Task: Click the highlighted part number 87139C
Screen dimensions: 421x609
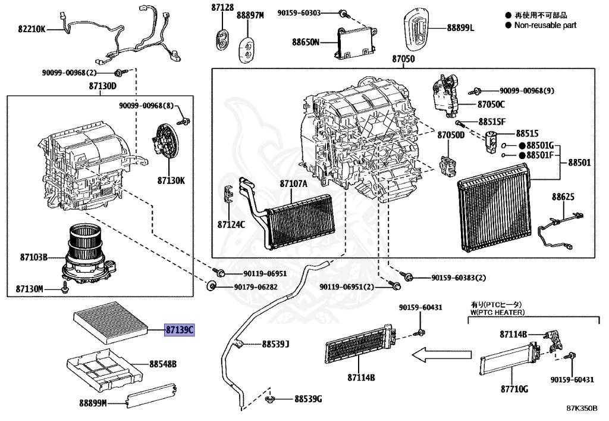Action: (179, 329)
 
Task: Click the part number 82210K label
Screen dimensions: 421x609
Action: (31, 28)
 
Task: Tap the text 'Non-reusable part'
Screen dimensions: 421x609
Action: (545, 26)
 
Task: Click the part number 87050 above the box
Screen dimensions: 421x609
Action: (403, 60)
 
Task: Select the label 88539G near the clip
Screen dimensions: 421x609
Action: (307, 398)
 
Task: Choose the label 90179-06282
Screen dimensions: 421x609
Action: (256, 287)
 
